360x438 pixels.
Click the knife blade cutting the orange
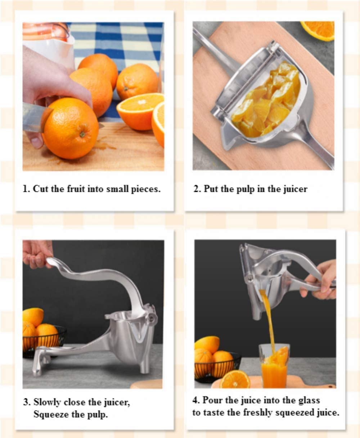click(x=32, y=117)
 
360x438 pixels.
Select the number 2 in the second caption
click(x=196, y=189)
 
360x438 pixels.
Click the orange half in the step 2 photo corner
click(x=319, y=30)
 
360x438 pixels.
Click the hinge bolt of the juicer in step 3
click(x=152, y=318)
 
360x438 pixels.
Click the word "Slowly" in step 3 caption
click(x=49, y=402)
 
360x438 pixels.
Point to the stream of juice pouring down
click(x=268, y=317)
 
